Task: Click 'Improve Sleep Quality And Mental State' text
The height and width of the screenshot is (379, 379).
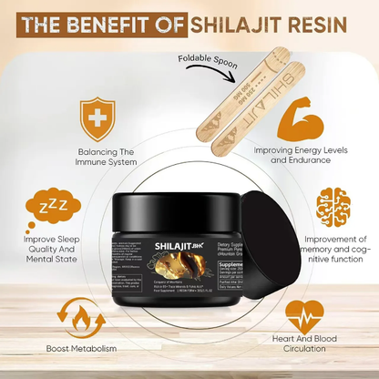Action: [47, 251]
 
